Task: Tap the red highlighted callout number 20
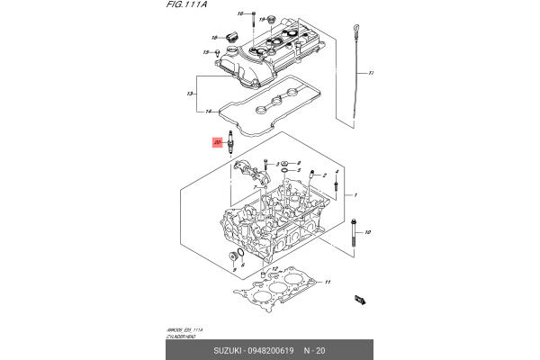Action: pyautogui.click(x=216, y=142)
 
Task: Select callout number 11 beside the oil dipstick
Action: pyautogui.click(x=371, y=72)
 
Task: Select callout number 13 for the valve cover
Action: pyautogui.click(x=190, y=93)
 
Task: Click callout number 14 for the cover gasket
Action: pyautogui.click(x=208, y=112)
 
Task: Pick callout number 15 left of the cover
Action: pyautogui.click(x=205, y=53)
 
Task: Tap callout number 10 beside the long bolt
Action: pyautogui.click(x=367, y=232)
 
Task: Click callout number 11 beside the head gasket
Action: pyautogui.click(x=328, y=283)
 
